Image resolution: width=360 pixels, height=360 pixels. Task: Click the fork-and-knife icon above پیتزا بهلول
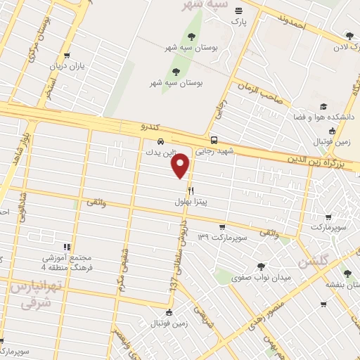pos(191,191)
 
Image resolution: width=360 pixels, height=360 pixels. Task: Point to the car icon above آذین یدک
pos(161,140)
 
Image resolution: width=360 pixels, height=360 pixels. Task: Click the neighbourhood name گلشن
pos(314,262)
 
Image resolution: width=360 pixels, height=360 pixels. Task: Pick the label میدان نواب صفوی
pos(262,278)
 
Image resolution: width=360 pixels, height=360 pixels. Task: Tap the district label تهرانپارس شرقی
pos(32,295)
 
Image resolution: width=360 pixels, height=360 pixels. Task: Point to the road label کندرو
pos(136,127)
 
